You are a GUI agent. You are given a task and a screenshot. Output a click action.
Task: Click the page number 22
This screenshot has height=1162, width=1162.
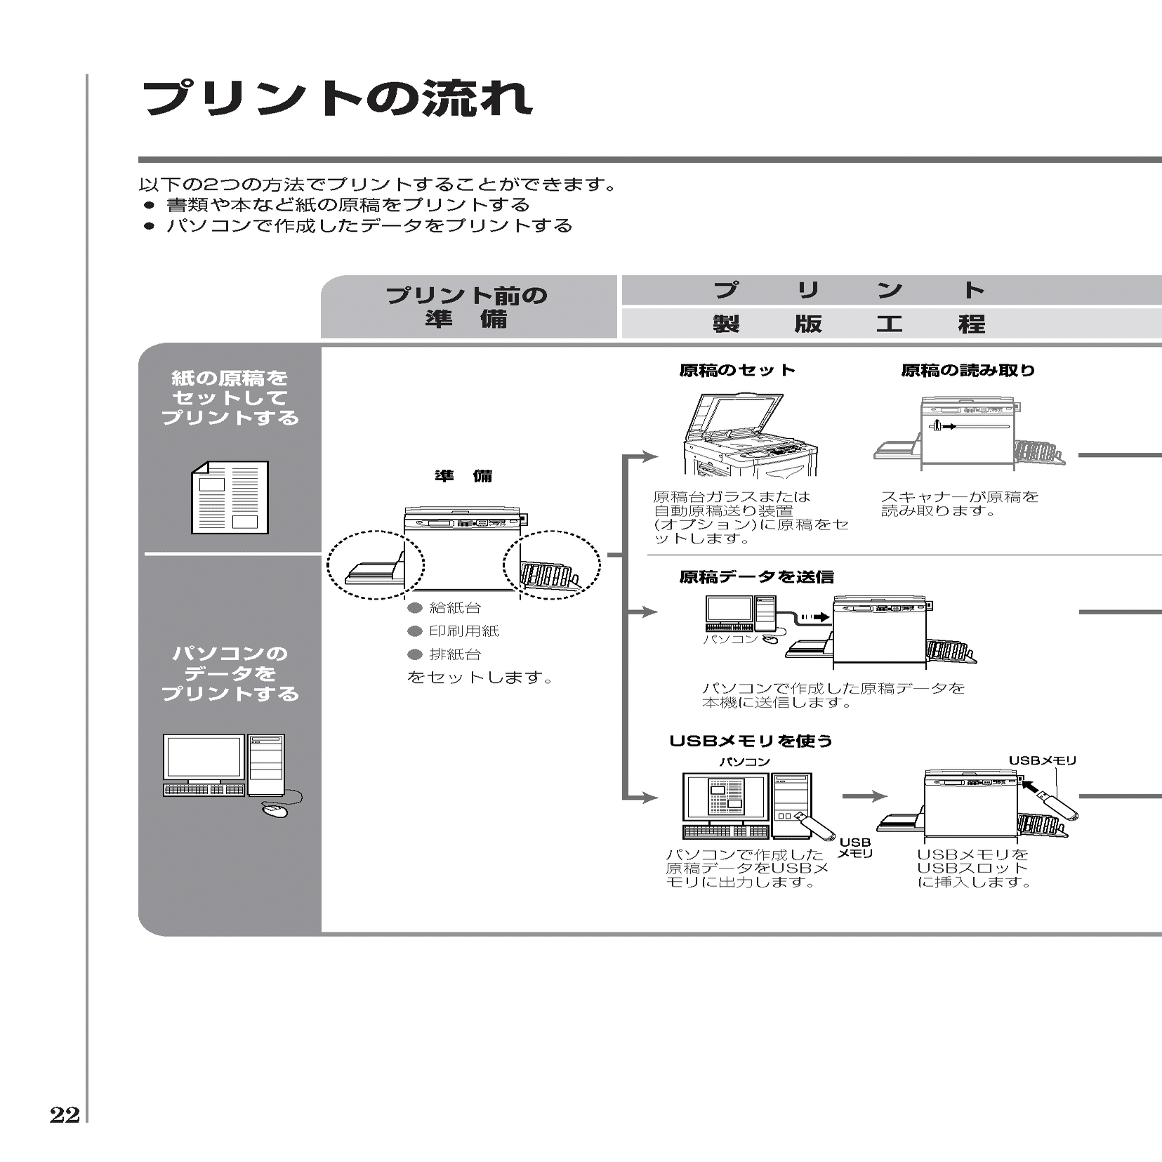point(65,1115)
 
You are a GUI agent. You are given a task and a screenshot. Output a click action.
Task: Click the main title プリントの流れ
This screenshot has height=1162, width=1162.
point(337,98)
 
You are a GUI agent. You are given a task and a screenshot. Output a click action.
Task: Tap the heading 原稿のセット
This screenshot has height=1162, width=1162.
point(737,370)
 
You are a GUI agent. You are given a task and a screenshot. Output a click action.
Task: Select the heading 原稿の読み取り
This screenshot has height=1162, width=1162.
point(968,370)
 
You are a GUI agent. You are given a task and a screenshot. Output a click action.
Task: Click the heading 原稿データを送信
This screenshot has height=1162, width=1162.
point(756,576)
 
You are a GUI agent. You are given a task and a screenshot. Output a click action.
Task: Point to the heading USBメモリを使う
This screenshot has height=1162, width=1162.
point(751,741)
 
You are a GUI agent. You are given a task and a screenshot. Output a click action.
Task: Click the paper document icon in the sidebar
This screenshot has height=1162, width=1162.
point(230,497)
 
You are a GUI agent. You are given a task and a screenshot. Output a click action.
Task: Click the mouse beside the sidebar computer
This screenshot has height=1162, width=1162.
point(275,810)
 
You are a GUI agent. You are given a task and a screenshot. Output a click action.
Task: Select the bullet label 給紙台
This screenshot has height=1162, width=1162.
point(455,608)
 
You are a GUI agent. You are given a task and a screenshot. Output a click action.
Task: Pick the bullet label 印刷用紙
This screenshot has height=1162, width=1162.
point(464,631)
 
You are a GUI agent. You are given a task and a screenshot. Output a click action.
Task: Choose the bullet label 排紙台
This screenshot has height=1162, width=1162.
point(455,654)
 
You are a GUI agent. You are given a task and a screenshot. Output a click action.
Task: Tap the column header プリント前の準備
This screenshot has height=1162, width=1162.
point(467,307)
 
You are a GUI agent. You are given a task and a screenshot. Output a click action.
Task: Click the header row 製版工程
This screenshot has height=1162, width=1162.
point(850,324)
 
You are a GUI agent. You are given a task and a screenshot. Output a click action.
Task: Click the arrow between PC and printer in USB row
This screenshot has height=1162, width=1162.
point(864,796)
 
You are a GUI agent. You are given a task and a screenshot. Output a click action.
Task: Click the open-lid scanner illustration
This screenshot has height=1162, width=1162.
point(748,435)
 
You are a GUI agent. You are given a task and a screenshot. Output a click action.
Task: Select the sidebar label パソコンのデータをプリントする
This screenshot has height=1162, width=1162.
point(230,673)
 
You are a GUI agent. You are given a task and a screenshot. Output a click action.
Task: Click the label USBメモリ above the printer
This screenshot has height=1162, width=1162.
point(1043,760)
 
